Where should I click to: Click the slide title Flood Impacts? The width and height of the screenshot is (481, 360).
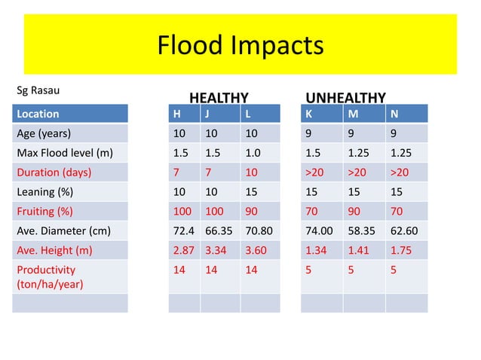(x=240, y=46)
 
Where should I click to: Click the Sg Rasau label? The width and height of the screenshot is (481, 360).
(x=38, y=91)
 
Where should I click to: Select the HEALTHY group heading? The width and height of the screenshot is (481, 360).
(x=218, y=98)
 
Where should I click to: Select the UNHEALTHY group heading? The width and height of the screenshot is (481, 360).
(x=345, y=98)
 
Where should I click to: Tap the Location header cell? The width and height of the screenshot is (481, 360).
(x=38, y=114)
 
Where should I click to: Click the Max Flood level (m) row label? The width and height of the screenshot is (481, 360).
(x=64, y=154)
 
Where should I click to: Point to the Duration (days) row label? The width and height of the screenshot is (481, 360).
(x=54, y=172)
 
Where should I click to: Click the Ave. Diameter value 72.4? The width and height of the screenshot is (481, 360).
(x=183, y=230)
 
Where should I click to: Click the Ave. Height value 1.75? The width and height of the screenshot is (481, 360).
(x=400, y=250)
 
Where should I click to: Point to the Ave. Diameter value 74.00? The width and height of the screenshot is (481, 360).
(x=318, y=230)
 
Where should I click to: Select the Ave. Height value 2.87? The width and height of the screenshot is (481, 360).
(x=183, y=250)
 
